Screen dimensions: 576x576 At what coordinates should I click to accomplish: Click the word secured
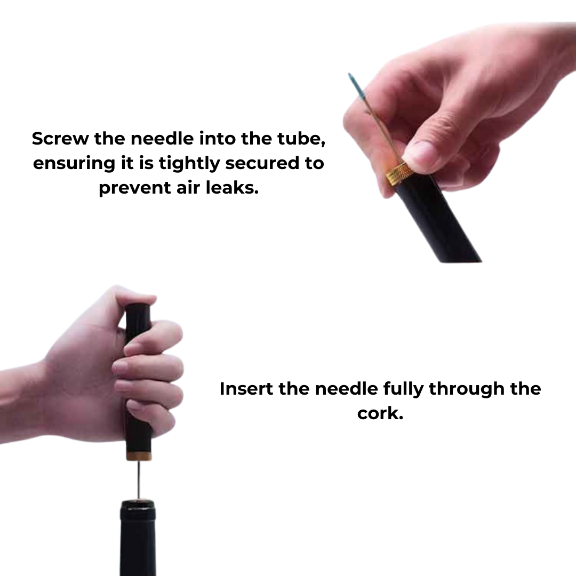click(260, 163)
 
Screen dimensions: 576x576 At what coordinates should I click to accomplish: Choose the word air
click(190, 188)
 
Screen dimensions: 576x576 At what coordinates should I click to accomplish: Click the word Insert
click(246, 389)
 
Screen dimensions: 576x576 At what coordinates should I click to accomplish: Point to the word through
click(466, 389)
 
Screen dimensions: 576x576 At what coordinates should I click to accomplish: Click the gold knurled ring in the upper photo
click(399, 173)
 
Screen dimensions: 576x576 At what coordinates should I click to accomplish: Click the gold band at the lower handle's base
click(138, 456)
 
